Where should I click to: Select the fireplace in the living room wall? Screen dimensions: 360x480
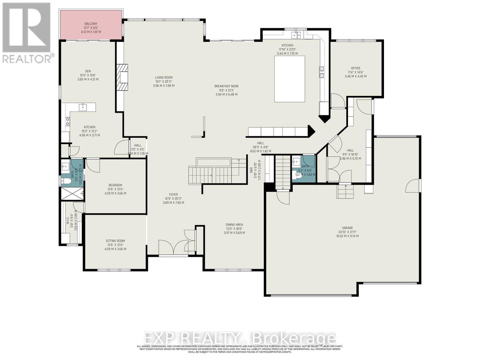coord(123,77)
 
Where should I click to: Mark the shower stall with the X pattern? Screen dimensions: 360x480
coord(72,193)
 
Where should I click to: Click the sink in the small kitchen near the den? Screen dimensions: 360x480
coord(82,107)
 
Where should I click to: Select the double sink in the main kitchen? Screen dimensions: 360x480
coord(297,35)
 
